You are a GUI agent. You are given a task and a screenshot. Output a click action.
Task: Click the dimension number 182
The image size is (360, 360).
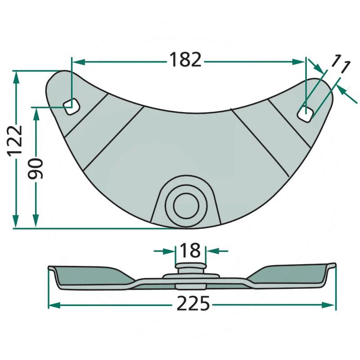coord(185,60)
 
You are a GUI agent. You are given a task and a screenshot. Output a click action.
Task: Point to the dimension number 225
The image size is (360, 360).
coord(193,303)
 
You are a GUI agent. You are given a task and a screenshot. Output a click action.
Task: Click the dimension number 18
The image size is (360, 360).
coord(190,250)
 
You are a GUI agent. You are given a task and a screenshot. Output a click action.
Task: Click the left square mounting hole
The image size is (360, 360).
coord(71,107)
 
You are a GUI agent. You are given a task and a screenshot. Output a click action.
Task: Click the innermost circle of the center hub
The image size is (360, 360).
coord(186,206)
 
